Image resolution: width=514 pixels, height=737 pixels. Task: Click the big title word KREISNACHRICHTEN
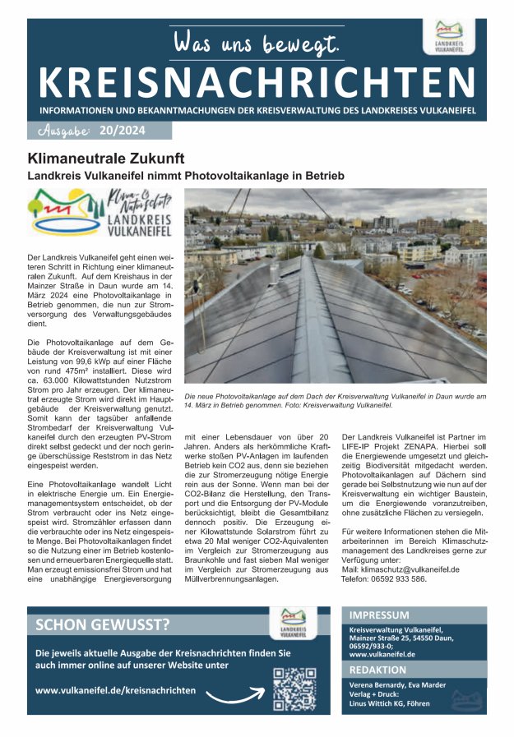pos(257,81)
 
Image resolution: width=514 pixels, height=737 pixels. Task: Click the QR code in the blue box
pos(294,688)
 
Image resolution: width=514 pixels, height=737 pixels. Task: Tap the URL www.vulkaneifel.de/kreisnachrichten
pos(116,690)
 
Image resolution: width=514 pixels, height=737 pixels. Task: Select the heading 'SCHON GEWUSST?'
pos(103,624)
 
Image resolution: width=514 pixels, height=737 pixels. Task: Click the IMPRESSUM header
pos(379,615)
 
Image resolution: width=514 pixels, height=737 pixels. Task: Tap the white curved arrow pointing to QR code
pos(233,697)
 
